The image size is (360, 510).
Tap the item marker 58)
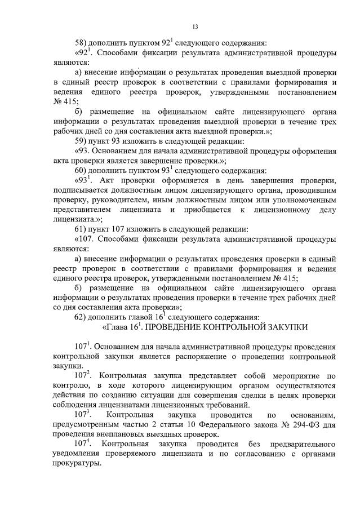[82, 42]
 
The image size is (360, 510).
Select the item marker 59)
[82, 141]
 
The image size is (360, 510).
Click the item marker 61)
[82, 229]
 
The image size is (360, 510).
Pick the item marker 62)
[82, 317]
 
